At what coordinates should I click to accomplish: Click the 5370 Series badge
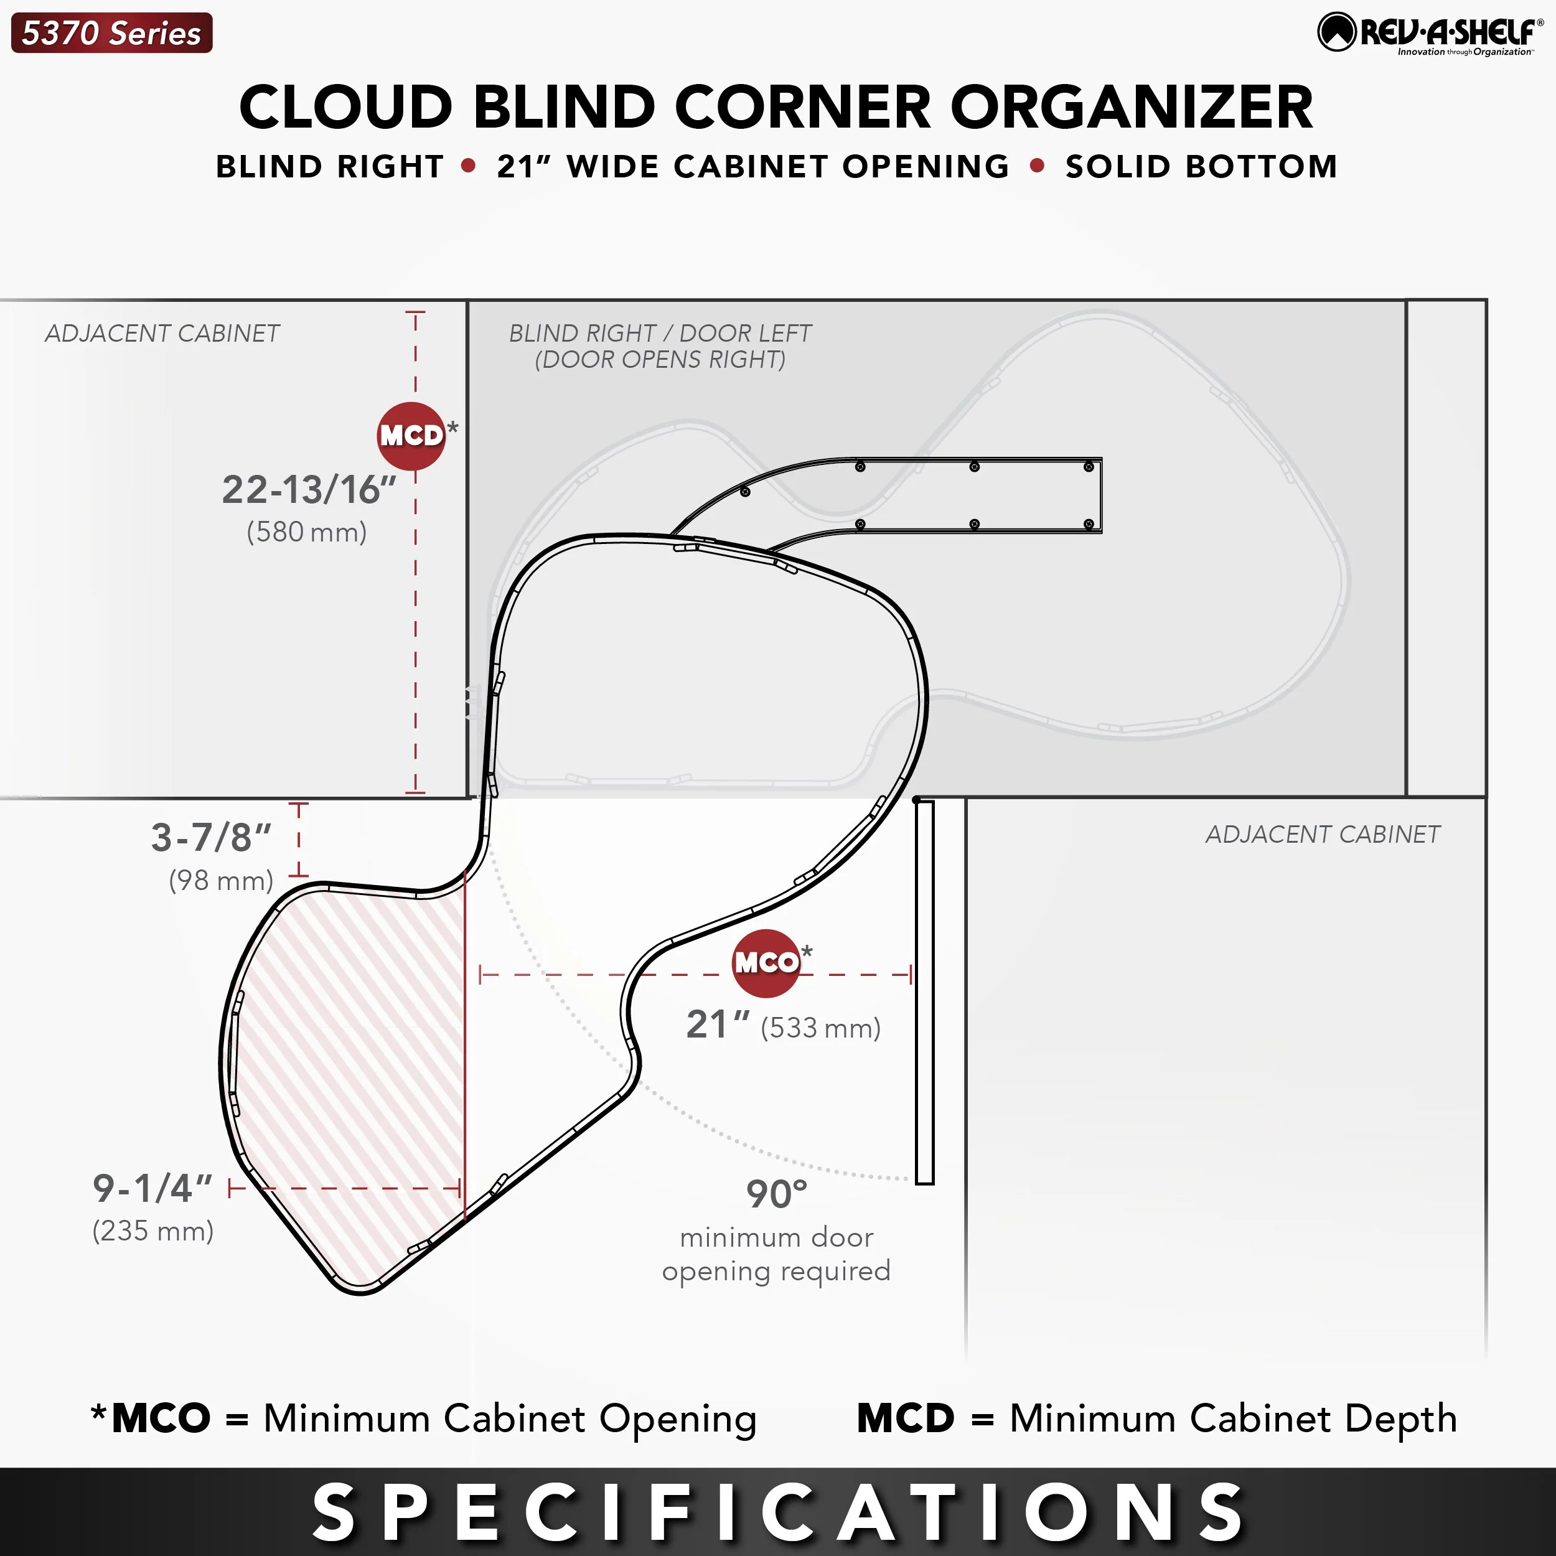point(112,33)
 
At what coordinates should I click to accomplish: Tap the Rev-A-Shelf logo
point(1430,34)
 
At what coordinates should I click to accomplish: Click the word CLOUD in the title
point(346,107)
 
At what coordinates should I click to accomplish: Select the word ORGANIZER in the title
point(1132,107)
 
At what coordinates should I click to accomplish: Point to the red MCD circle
point(411,436)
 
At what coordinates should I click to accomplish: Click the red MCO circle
point(766,962)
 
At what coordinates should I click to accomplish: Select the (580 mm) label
point(307,532)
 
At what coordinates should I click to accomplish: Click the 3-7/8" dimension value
point(211,838)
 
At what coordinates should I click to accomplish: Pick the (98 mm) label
point(222,880)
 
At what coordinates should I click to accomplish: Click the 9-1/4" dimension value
point(152,1188)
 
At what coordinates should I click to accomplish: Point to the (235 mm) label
point(153,1230)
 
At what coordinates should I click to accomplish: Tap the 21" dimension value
point(718,1024)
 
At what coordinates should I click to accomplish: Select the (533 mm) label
point(821,1028)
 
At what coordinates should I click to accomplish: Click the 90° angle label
point(776,1194)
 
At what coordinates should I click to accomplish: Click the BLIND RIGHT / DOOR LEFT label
point(660,332)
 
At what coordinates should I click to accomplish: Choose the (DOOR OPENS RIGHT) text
point(660,359)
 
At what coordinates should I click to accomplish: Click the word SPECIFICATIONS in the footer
point(778,1511)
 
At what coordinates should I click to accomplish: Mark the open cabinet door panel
point(925,992)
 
